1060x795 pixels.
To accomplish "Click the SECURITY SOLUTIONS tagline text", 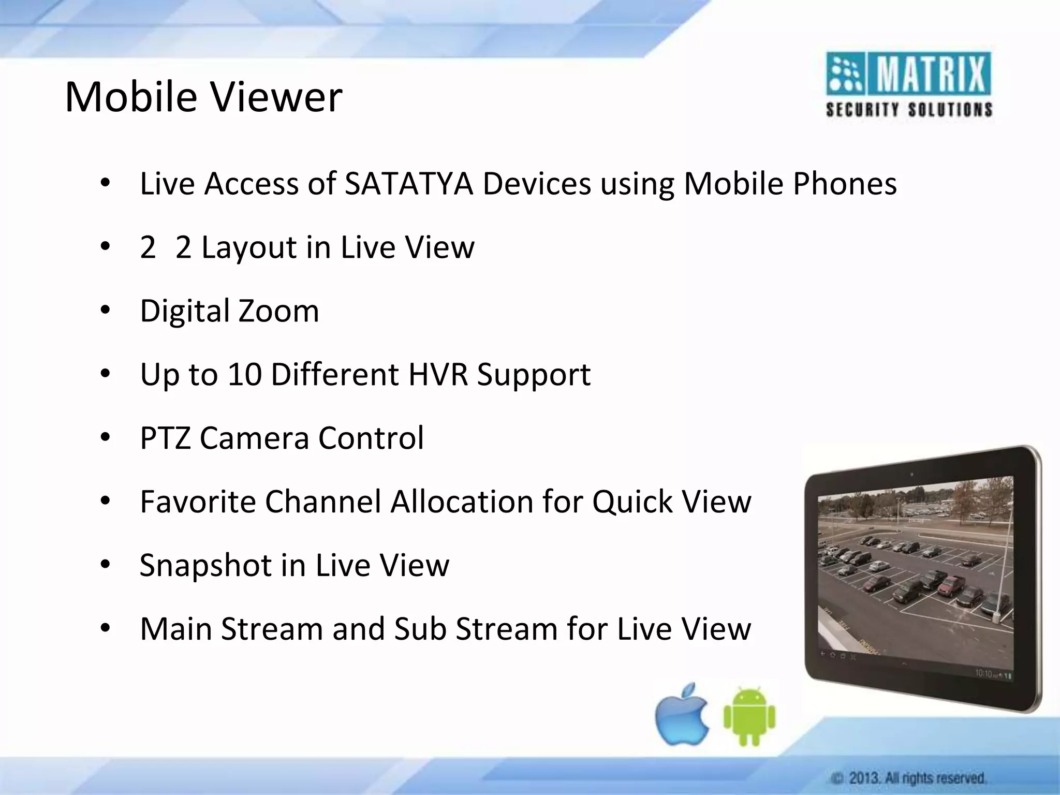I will click(x=909, y=110).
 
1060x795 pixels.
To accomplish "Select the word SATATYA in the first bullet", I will click(x=409, y=184).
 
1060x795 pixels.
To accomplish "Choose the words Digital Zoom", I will click(x=229, y=311).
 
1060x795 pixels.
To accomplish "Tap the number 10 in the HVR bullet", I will click(x=244, y=374).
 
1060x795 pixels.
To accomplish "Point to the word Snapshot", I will click(x=205, y=565).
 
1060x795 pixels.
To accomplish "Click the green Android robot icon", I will click(x=749, y=717).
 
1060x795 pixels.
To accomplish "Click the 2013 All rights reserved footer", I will click(x=909, y=778).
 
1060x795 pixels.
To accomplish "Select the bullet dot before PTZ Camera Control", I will click(x=106, y=438).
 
